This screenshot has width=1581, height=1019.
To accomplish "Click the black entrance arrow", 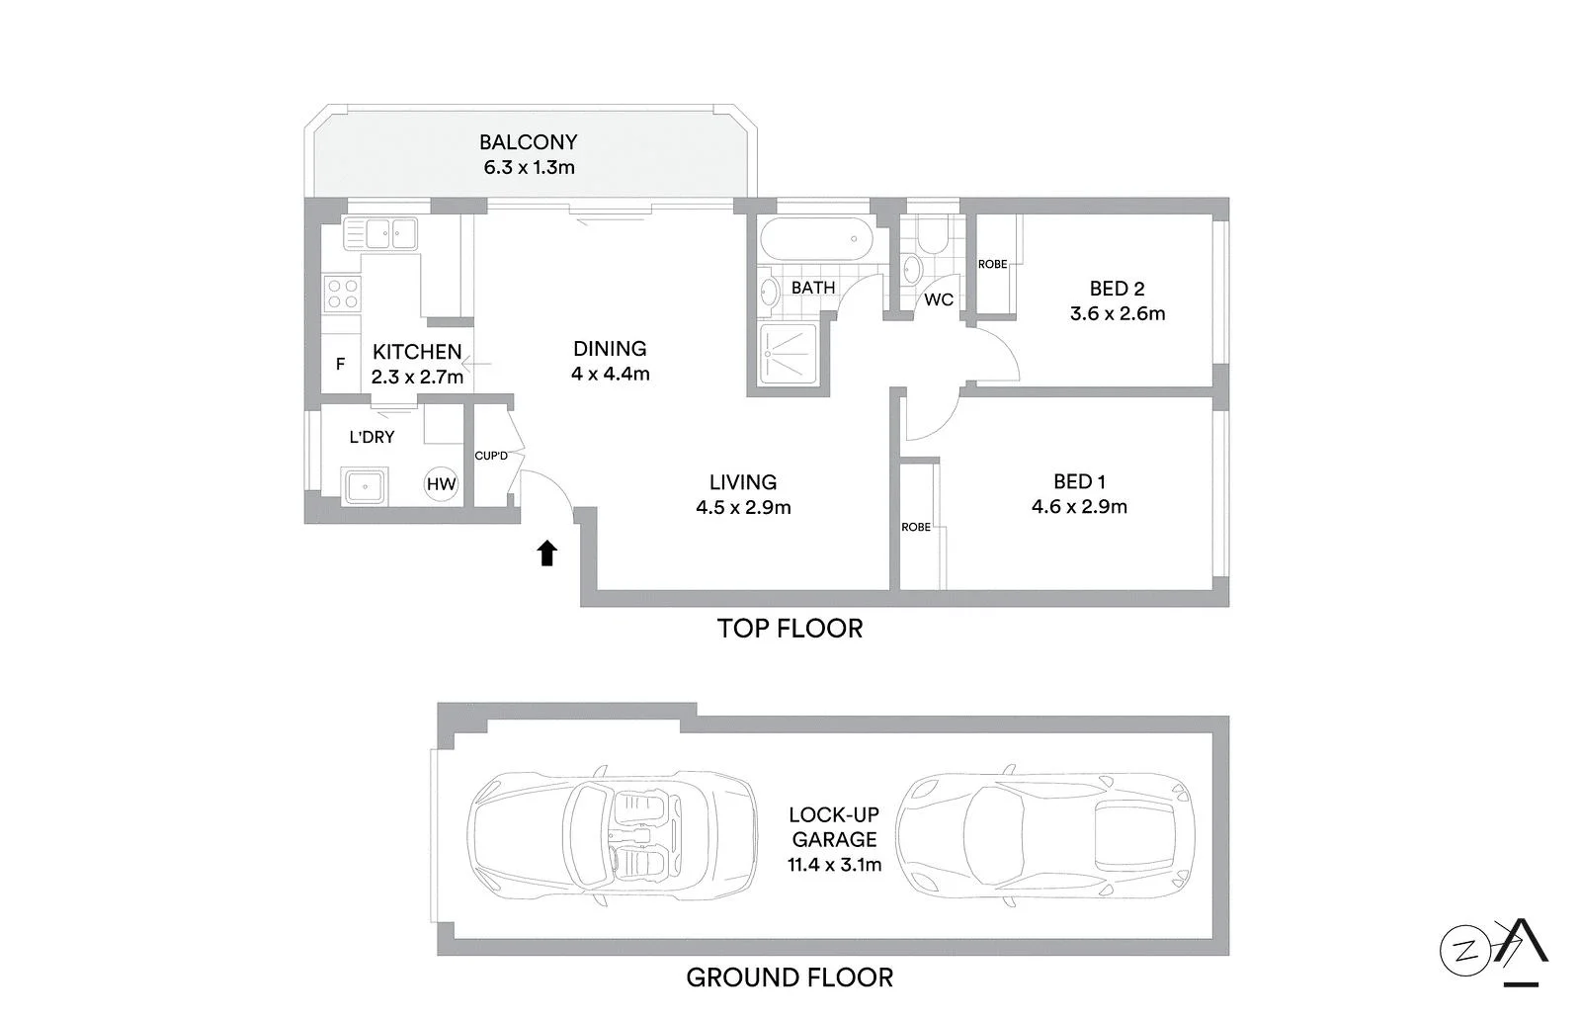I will point(546,552).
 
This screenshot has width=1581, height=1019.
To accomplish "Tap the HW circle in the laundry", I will point(441,483).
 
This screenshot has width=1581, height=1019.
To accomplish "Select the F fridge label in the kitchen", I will point(340,365).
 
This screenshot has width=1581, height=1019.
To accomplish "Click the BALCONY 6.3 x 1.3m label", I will point(529,154).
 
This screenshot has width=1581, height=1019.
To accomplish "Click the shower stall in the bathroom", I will point(789,353).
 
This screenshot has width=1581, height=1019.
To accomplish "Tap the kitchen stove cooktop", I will point(343,295).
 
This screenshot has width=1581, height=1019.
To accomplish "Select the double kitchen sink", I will point(379,234).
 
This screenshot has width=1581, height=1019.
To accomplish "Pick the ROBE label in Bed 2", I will point(992,264).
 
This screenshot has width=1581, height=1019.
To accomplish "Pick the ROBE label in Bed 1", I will point(916,527).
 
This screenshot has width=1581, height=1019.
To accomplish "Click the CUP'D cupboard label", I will point(491,456).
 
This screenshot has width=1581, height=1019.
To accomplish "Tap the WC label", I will point(939,299).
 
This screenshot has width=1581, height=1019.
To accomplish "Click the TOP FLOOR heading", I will point(790,629).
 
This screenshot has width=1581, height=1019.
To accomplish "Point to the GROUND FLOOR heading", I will point(790,977).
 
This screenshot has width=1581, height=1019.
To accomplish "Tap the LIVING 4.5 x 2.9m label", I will point(743,494).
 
